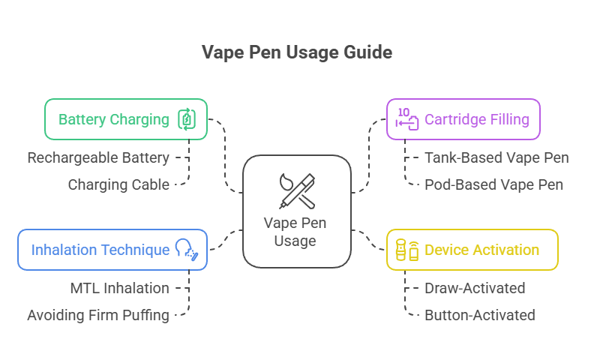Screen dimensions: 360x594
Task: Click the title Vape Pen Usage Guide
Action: [x=297, y=52]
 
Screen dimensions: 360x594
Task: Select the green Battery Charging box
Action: [x=125, y=119]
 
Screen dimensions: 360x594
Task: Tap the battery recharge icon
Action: [x=186, y=119]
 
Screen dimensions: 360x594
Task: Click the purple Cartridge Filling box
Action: [x=463, y=119]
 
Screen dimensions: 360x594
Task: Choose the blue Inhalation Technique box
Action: [x=112, y=250]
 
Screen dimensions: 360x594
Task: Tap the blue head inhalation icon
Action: [x=186, y=250]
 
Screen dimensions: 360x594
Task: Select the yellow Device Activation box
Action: [x=472, y=250]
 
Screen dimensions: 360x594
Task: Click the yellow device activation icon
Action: [x=407, y=250]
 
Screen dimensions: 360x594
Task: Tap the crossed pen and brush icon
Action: [x=296, y=190]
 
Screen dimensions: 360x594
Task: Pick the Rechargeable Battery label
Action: [x=98, y=158]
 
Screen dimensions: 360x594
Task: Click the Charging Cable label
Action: [x=118, y=184]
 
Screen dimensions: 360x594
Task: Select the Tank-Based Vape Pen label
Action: [x=496, y=158]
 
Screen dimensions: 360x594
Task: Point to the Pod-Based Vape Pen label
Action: [x=493, y=184]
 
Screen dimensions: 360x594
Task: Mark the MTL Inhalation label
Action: [x=118, y=288]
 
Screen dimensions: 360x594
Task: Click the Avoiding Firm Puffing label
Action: [x=98, y=315]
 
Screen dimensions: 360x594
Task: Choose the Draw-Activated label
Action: [x=475, y=288]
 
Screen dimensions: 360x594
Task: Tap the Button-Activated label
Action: [x=479, y=315]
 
